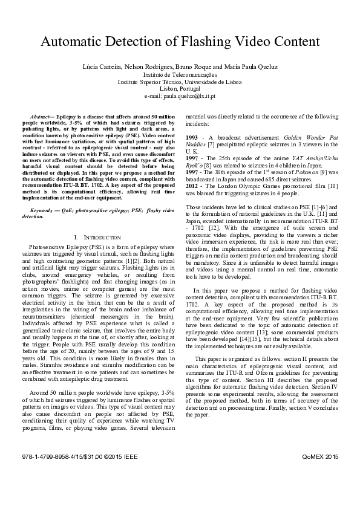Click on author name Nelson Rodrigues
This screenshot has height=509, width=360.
(144, 67)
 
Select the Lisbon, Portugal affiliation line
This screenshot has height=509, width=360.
(180, 89)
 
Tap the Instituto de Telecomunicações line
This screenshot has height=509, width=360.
(180, 74)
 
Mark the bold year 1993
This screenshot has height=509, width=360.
(192, 138)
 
